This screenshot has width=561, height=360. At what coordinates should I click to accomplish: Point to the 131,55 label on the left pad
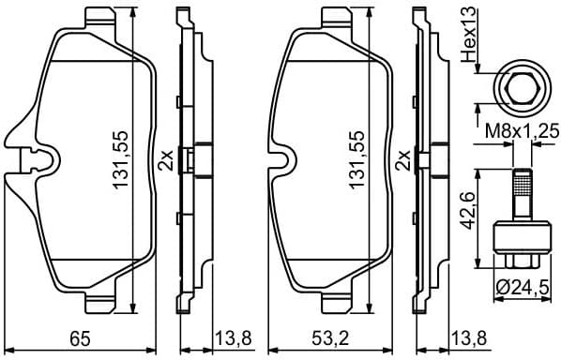(121, 160)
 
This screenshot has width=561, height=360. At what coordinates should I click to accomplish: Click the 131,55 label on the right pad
(356, 160)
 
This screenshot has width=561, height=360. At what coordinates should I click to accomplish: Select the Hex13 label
(470, 34)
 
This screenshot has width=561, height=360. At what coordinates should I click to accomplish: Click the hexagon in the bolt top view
(518, 89)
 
